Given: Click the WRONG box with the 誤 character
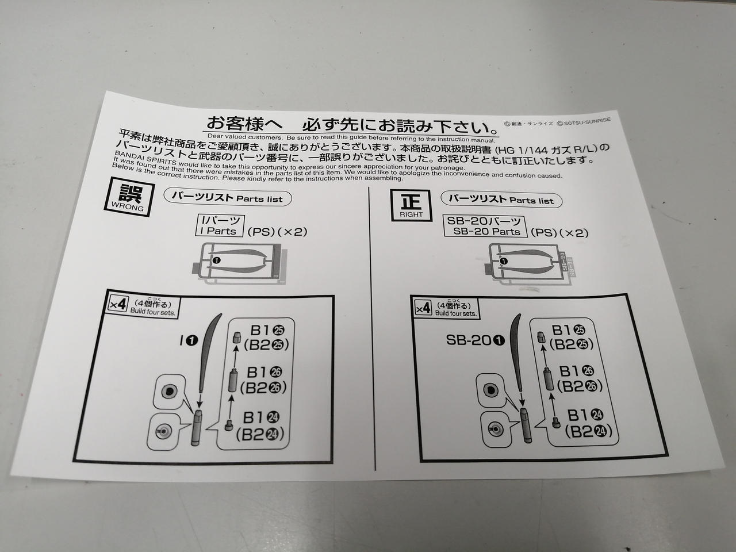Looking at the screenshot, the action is tap(129, 197).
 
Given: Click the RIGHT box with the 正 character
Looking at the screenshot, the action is tap(411, 205).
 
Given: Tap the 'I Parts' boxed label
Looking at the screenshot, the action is tap(220, 226).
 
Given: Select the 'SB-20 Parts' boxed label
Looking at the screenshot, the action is tap(484, 226).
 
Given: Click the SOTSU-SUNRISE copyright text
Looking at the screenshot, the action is tap(584, 121).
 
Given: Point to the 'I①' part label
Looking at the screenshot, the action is tap(189, 341).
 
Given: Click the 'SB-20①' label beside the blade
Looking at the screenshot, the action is tap(475, 340).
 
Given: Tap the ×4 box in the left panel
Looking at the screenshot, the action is tap(118, 305).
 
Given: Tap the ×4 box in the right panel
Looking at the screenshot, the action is tap(423, 308).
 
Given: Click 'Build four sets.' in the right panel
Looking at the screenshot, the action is tap(455, 314).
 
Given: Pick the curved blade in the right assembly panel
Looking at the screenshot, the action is tap(515, 352).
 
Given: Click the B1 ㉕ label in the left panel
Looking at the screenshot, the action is tap(267, 331).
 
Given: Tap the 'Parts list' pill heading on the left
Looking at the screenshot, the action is tap(228, 197).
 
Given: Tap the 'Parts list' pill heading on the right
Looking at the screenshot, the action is tap(501, 200).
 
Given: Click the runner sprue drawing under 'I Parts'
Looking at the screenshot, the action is tap(239, 264).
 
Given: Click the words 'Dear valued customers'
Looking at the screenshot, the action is tap(245, 136).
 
